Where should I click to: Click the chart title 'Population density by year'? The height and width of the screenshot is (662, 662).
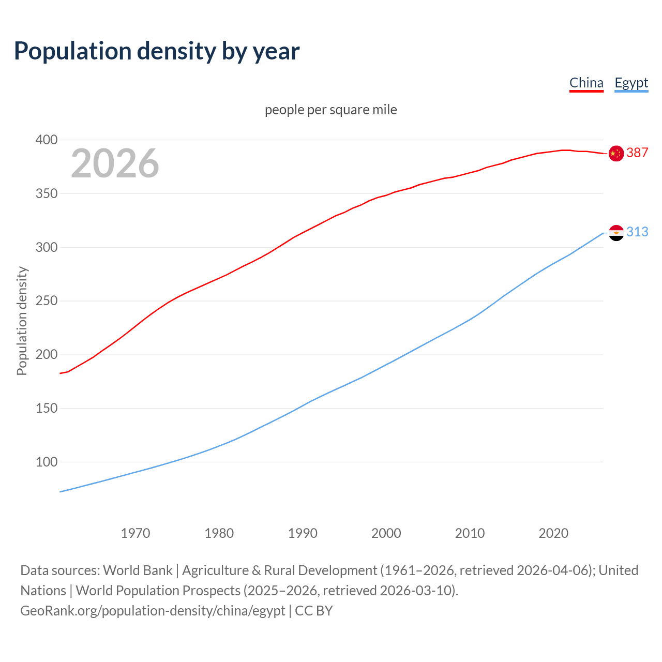(157, 51)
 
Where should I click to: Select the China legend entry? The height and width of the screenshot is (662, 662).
(586, 83)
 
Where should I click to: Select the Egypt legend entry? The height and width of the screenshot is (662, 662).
(631, 83)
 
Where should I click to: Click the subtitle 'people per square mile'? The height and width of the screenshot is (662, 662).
(330, 110)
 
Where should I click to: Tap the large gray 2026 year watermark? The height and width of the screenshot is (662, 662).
(115, 163)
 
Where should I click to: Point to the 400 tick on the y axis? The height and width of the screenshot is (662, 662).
(46, 140)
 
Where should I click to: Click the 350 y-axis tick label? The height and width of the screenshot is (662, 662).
(46, 194)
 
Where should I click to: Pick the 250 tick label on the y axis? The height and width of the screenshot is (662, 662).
(46, 301)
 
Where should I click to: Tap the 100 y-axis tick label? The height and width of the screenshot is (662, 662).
(46, 462)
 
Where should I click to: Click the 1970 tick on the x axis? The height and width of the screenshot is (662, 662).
(136, 533)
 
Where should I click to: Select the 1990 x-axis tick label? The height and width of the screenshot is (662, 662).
(303, 533)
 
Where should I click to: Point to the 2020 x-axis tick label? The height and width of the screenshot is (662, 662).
(553, 533)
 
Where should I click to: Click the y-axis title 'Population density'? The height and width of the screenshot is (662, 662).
(22, 321)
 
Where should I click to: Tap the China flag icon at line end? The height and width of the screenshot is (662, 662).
(616, 153)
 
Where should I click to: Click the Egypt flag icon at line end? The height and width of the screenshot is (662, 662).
(616, 233)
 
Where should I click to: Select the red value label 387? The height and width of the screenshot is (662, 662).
(637, 153)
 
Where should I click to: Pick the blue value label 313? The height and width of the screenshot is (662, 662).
(637, 232)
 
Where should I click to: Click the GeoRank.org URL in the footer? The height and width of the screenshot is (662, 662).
(153, 611)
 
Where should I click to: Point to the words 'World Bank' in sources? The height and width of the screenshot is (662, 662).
(138, 570)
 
